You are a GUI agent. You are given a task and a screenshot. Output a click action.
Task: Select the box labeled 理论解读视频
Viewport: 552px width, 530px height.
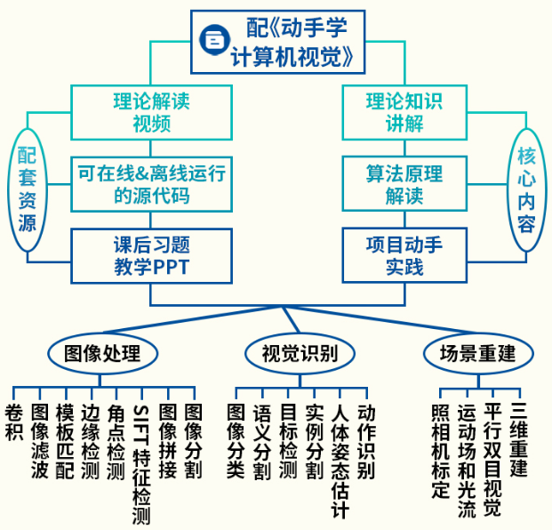tap(152, 110)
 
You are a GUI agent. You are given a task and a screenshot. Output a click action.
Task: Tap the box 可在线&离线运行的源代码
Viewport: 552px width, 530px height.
tap(152, 183)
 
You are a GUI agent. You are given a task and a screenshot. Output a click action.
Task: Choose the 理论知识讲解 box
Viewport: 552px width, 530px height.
tap(404, 110)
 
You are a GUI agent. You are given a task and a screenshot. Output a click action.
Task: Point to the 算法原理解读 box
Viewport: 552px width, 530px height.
tap(404, 183)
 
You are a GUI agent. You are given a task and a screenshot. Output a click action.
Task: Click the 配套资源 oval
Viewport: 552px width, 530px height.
tap(28, 188)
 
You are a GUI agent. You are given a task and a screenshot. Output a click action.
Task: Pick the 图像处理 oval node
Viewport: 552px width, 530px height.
tap(102, 353)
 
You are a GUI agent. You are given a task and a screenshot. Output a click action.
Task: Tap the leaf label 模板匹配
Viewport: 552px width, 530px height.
tap(64, 441)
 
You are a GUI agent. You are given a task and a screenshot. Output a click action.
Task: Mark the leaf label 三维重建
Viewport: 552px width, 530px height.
tap(520, 441)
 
